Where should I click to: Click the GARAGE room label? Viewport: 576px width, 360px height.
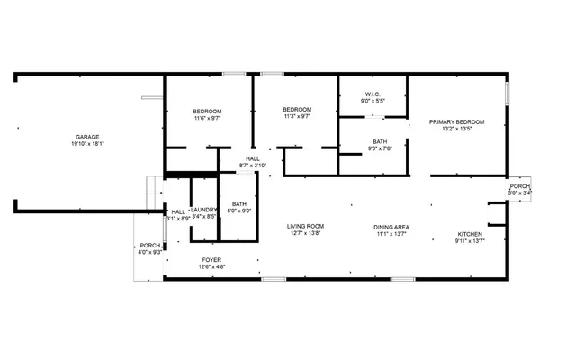[87, 136]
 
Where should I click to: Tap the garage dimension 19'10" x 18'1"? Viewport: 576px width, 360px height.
[87, 143]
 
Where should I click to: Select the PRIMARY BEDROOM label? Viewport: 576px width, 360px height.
[456, 121]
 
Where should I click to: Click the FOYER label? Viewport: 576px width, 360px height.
[211, 258]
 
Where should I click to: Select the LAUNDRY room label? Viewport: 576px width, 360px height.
[204, 210]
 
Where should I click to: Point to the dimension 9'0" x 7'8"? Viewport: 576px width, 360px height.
[380, 148]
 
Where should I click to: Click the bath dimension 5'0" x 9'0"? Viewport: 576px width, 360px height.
[239, 211]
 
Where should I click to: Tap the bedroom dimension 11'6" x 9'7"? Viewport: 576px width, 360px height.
[207, 118]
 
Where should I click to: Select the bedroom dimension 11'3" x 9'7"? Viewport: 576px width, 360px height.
[297, 115]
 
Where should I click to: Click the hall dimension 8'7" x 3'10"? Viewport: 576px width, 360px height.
[253, 166]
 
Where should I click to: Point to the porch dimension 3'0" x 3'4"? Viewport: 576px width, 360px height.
[520, 193]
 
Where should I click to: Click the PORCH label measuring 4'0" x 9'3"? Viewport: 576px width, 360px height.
[149, 246]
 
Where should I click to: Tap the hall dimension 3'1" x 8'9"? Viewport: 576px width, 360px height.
[177, 218]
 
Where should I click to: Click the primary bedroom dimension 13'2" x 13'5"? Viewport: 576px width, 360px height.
[456, 129]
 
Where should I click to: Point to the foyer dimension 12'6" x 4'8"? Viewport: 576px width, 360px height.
[211, 265]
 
